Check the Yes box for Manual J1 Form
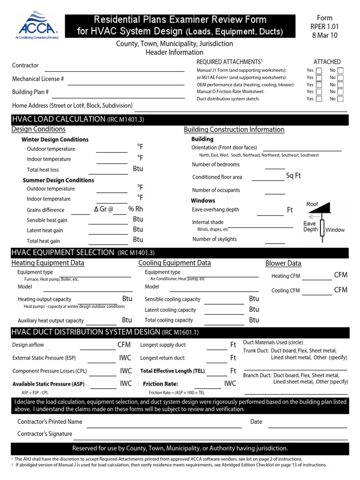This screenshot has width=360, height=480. [x=319, y=70]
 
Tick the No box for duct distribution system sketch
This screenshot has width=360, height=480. [x=341, y=99]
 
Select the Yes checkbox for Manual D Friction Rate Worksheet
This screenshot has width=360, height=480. [x=319, y=92]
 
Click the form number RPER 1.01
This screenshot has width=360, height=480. [x=324, y=27]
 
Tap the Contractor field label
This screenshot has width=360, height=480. [x=25, y=66]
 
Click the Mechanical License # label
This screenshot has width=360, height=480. [x=38, y=79]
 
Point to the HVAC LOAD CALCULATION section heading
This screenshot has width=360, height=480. [x=58, y=119]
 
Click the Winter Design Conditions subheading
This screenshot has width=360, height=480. [x=55, y=140]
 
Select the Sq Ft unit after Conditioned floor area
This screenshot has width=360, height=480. [x=293, y=176]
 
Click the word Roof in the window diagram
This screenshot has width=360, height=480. [x=312, y=204]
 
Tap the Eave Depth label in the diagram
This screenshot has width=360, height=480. [x=310, y=226]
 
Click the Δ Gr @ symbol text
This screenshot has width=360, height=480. [x=104, y=209]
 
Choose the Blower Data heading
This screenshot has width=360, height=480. [x=283, y=263]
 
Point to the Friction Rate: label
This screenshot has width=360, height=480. [x=160, y=384]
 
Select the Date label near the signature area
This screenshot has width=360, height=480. [x=256, y=422]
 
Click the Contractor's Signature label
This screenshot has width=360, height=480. [x=45, y=434]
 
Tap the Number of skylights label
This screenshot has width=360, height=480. [x=214, y=239]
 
